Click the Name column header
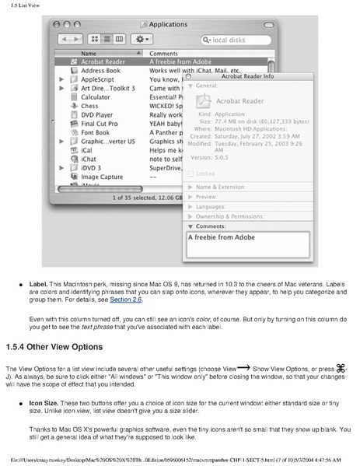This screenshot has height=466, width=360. [x=89, y=53]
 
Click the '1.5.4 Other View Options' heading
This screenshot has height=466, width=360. [x=65, y=346]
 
